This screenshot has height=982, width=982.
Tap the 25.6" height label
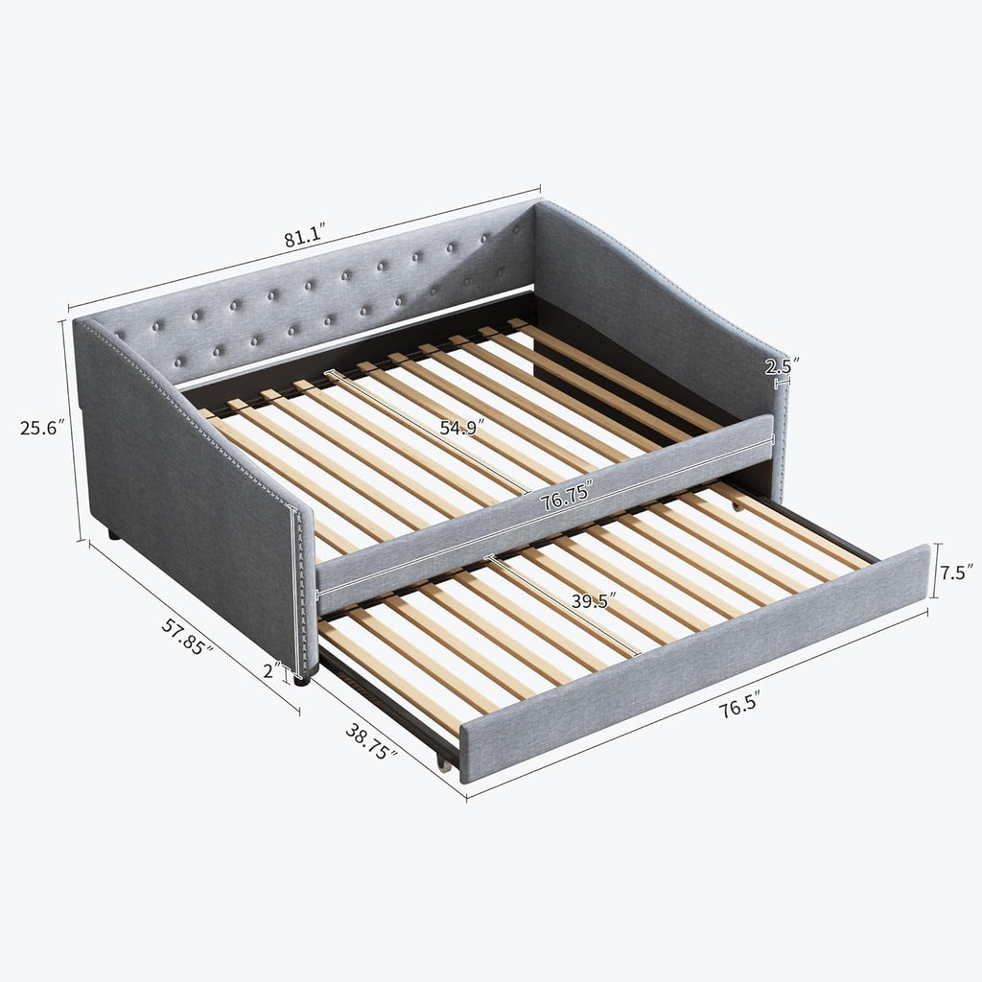tap(42, 428)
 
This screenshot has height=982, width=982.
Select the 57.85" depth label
tap(187, 637)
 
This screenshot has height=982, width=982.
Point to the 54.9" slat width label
tap(462, 428)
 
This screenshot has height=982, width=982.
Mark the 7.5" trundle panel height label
tap(958, 573)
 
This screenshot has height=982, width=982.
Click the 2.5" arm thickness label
tap(783, 366)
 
